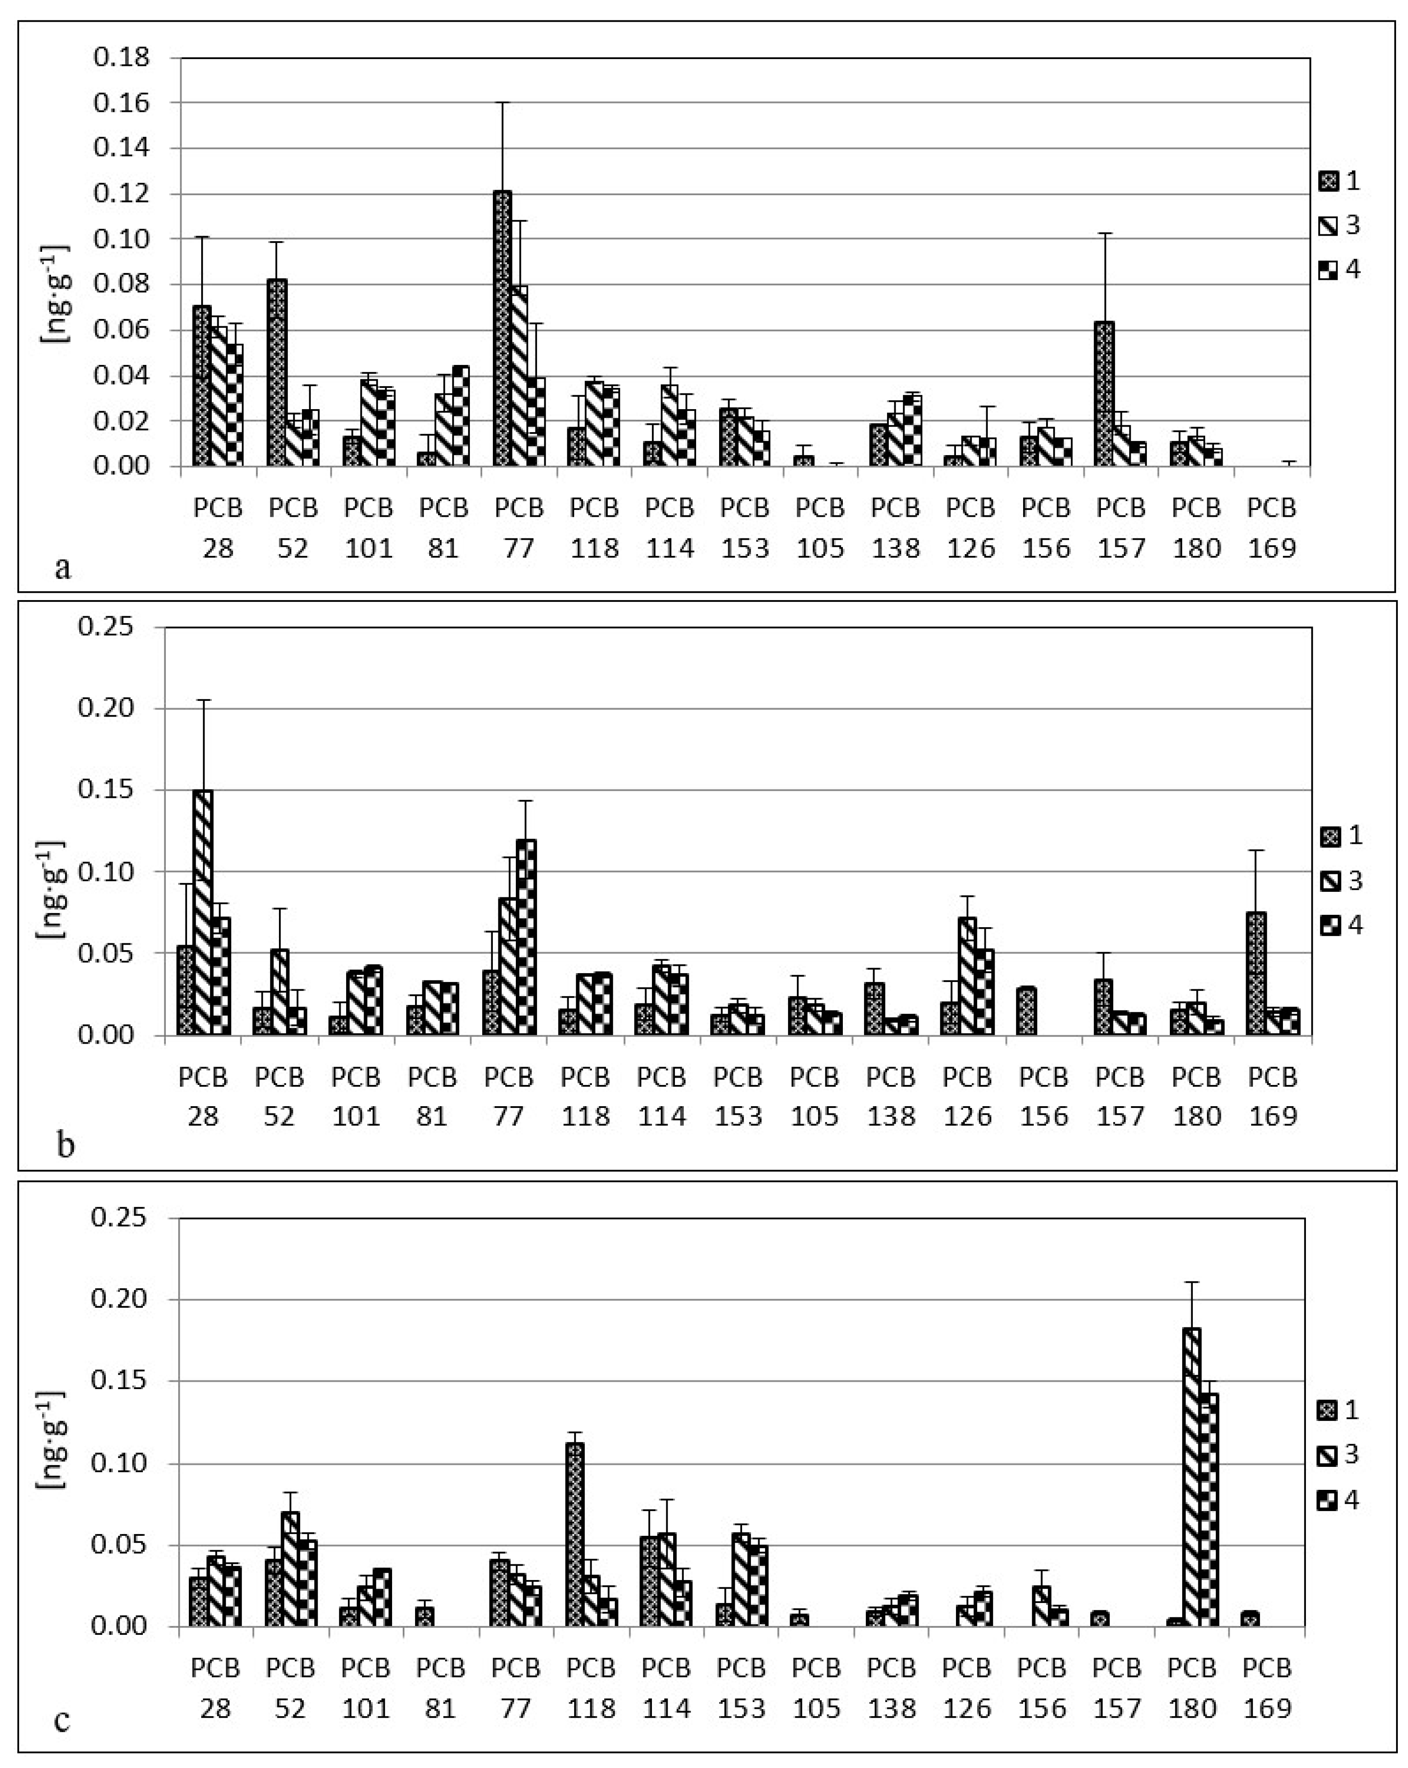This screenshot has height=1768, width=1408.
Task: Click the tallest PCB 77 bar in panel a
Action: tap(502, 328)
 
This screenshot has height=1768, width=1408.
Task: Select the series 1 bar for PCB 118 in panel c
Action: tap(575, 1534)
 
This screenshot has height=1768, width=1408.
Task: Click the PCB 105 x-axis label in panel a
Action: tap(820, 527)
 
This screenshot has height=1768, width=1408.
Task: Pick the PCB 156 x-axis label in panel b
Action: tap(1044, 1096)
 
